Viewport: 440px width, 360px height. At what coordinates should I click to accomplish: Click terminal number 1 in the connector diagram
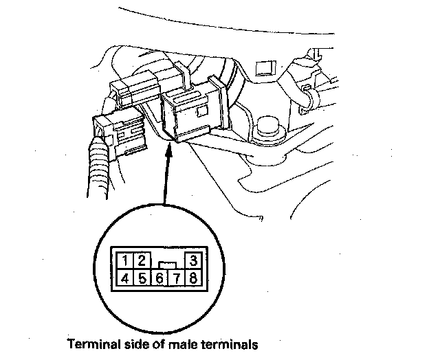pos(126,261)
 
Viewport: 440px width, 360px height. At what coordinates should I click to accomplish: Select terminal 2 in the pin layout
pos(142,261)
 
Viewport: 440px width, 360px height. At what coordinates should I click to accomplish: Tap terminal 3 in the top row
pos(195,261)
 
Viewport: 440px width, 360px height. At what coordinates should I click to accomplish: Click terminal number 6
pos(159,278)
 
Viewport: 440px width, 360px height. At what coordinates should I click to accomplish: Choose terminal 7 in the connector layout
pos(177,278)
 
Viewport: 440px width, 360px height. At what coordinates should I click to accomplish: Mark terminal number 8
pos(194,278)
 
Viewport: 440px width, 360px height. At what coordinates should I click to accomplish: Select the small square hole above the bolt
pos(263,67)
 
